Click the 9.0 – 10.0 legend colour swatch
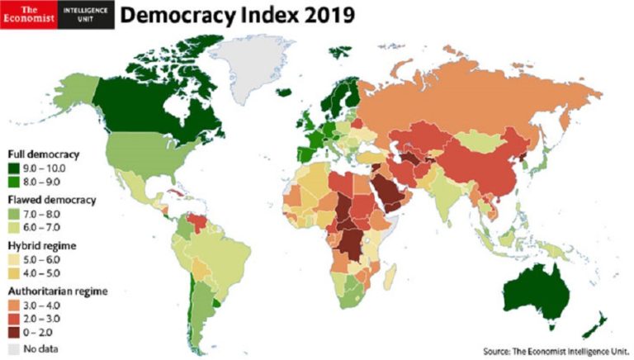tap(14, 168)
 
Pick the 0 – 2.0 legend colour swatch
tap(14, 333)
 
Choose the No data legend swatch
tap(14, 348)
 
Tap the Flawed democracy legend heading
tap(52, 200)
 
